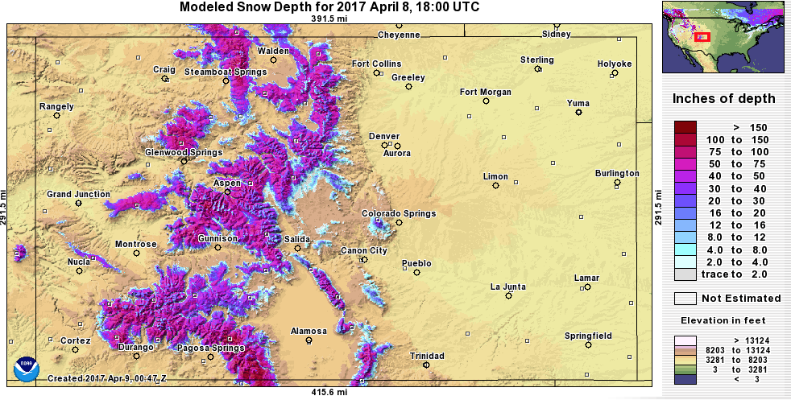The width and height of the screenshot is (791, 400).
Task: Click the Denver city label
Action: pyautogui.click(x=384, y=136)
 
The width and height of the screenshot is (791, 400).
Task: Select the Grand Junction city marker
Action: pyautogui.click(x=78, y=204)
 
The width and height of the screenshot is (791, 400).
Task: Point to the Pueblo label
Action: pyautogui.click(x=416, y=263)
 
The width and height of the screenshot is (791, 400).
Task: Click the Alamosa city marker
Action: pyautogui.click(x=309, y=340)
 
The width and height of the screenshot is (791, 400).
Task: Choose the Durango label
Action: pyautogui.click(x=135, y=348)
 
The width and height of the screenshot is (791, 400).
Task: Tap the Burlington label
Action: pyautogui.click(x=617, y=173)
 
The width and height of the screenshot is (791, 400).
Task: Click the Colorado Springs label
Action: pyautogui.click(x=398, y=213)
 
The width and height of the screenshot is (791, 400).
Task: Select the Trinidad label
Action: pyautogui.click(x=426, y=355)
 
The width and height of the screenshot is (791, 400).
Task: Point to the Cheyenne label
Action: pyautogui.click(x=400, y=35)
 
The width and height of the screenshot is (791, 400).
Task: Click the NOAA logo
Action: pyautogui.click(x=27, y=370)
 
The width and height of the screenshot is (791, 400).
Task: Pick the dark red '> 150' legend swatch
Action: pyautogui.click(x=685, y=127)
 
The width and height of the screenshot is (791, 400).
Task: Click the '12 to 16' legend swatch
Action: pyautogui.click(x=685, y=225)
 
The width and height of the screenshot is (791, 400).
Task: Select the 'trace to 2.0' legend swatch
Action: pyautogui.click(x=685, y=274)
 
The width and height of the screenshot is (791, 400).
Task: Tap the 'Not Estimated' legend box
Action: pyautogui.click(x=685, y=299)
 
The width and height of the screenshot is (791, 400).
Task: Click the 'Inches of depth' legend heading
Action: pyautogui.click(x=724, y=99)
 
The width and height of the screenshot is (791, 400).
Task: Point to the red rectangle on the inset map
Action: pyautogui.click(x=702, y=36)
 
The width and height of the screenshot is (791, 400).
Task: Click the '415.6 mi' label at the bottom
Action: pyautogui.click(x=330, y=392)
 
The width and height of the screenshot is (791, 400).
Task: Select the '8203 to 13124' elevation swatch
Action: pyautogui.click(x=685, y=350)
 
